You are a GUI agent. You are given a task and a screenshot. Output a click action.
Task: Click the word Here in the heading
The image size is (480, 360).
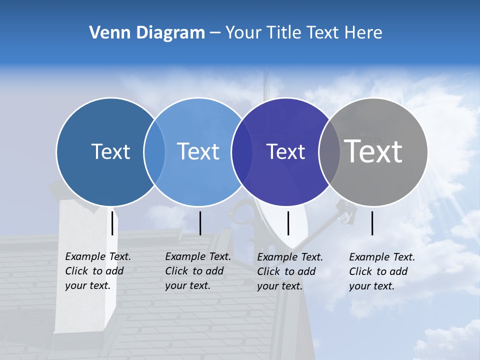coord(363,33)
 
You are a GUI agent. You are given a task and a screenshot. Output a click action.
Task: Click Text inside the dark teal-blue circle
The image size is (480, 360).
coord(110,151)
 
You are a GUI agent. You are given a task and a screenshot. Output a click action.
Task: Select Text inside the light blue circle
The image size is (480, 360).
coord(198,151)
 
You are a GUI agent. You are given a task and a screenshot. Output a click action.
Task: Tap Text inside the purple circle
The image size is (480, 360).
coord(285,151)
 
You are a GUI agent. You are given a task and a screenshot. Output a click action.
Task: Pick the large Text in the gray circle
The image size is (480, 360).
coord(373,151)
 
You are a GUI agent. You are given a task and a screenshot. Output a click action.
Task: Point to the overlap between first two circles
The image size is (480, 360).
coord(154,151)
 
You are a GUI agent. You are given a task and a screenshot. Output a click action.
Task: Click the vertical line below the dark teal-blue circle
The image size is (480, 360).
coord(112,223)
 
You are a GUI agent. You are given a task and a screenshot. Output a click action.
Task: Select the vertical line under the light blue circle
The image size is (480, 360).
coord(200,223)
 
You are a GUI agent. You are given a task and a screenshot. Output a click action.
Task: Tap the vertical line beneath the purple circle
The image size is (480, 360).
coord(288,223)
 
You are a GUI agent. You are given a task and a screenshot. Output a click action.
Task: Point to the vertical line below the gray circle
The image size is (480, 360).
coord(372,223)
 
